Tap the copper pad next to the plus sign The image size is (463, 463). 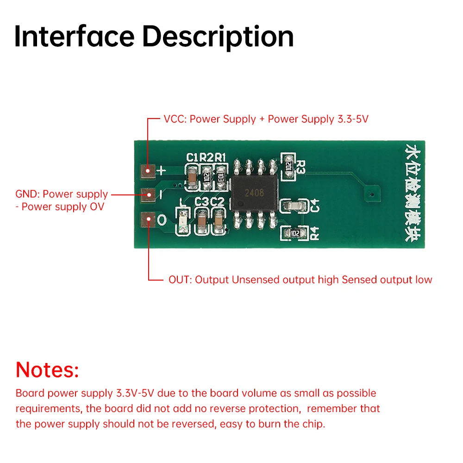[149, 171]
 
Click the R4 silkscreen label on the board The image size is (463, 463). [315, 233]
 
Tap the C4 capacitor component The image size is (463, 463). [294, 205]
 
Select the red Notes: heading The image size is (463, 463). [47, 370]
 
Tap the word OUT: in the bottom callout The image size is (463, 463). [179, 280]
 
